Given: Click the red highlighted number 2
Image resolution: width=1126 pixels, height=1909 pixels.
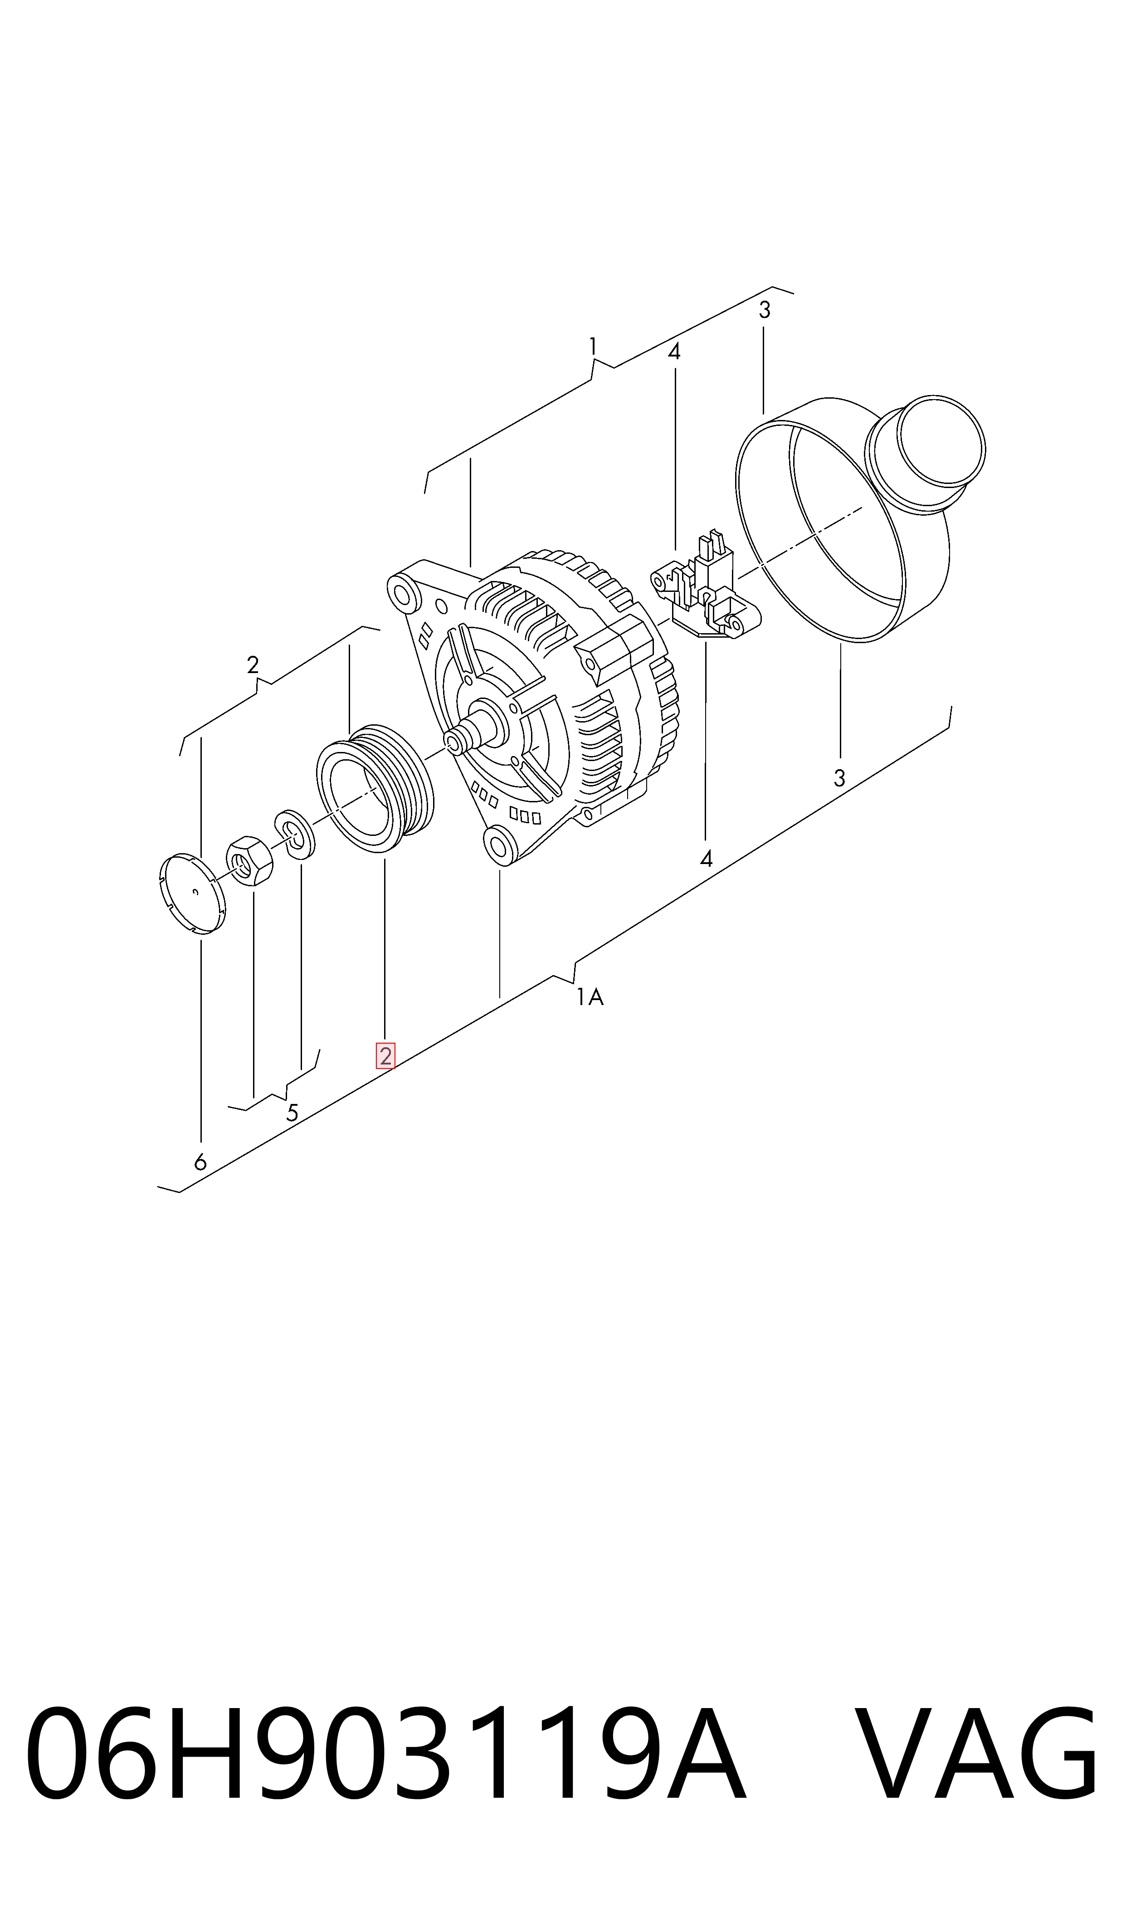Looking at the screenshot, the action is point(385,1056).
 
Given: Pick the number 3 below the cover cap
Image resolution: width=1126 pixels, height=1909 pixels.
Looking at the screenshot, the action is point(839,778).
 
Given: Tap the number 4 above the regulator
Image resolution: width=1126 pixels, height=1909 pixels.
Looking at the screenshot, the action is point(674,352).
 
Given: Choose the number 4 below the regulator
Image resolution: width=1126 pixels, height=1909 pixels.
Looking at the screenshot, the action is point(707,859).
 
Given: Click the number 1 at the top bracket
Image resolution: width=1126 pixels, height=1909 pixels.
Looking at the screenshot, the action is point(593,347).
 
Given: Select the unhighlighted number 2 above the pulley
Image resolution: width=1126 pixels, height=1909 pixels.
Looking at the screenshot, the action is point(253,664).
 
